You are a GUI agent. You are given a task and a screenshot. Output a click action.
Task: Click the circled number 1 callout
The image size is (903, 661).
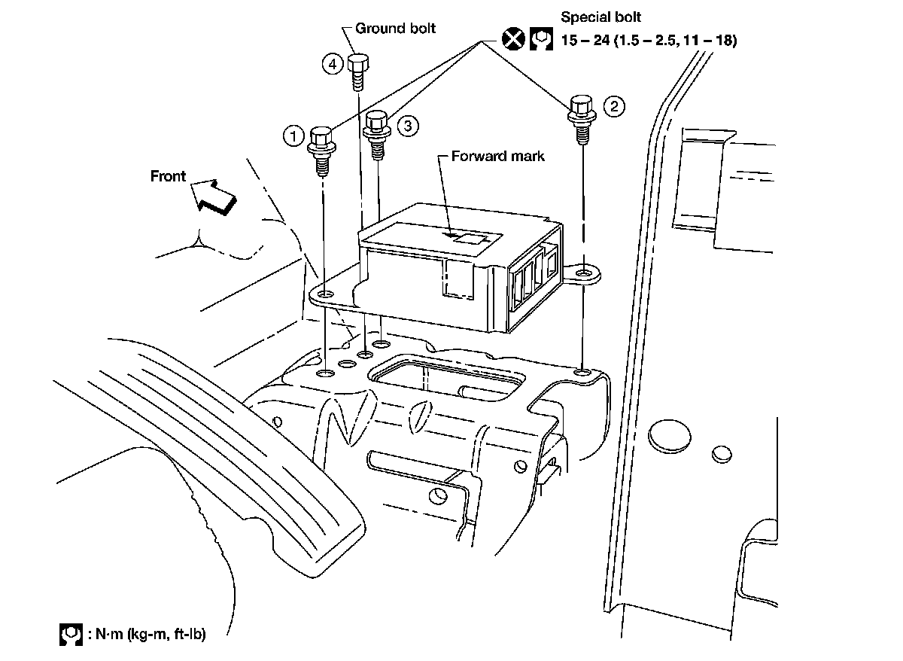point(293,136)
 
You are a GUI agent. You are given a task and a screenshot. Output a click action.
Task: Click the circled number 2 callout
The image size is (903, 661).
point(614,106)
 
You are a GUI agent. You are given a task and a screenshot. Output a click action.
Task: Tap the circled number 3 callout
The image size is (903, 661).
point(406,126)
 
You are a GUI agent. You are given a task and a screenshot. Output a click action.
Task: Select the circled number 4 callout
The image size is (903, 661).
point(333,63)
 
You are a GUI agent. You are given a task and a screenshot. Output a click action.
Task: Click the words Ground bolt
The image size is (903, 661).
point(395,29)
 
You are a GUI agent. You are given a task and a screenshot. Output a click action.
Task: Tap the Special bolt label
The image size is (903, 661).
point(601,17)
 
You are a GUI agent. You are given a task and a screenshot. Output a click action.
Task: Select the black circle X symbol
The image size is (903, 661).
point(512,38)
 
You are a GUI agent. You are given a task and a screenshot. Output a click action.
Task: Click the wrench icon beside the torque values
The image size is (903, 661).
point(540,38)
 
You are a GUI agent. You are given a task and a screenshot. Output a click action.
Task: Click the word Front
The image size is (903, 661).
point(168,176)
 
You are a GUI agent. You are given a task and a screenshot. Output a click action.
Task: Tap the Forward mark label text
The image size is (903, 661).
point(497,157)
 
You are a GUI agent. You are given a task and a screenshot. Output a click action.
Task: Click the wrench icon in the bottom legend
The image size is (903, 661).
point(71,634)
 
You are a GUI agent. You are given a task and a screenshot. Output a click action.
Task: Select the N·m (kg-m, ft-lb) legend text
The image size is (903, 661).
point(150,635)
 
